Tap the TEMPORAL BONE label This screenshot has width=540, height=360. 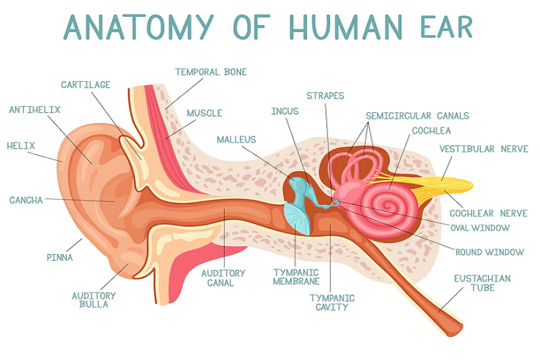(x=211, y=72)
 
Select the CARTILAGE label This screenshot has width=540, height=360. (x=86, y=85)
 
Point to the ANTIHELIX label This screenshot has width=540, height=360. (x=34, y=109)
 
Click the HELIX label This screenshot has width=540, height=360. (x=20, y=145)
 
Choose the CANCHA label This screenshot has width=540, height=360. (x=26, y=200)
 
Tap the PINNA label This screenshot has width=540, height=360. (x=59, y=257)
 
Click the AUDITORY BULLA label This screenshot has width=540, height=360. (x=94, y=300)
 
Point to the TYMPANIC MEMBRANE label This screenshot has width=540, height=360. (x=296, y=276)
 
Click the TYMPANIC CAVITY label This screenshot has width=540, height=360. (x=331, y=302)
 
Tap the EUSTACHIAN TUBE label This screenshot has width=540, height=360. (x=482, y=283)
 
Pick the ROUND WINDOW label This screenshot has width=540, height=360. (x=489, y=252)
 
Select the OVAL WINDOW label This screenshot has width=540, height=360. (x=480, y=228)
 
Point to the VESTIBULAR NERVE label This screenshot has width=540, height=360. (x=483, y=149)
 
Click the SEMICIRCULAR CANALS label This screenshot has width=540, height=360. (x=417, y=115)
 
